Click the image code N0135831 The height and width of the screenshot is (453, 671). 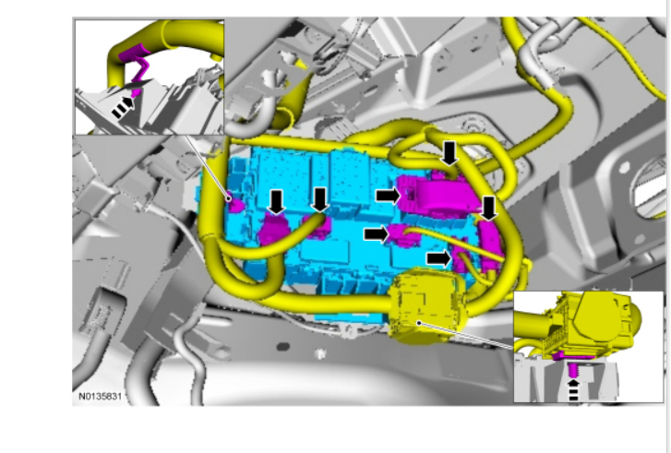tap(100, 397)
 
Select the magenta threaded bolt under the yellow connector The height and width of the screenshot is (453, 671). tap(573, 369)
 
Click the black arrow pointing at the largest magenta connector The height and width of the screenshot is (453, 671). tap(389, 196)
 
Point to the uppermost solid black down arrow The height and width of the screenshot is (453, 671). tap(449, 153)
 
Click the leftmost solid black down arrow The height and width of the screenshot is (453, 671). tap(277, 202)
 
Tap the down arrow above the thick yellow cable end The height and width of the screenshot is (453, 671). tap(319, 200)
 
